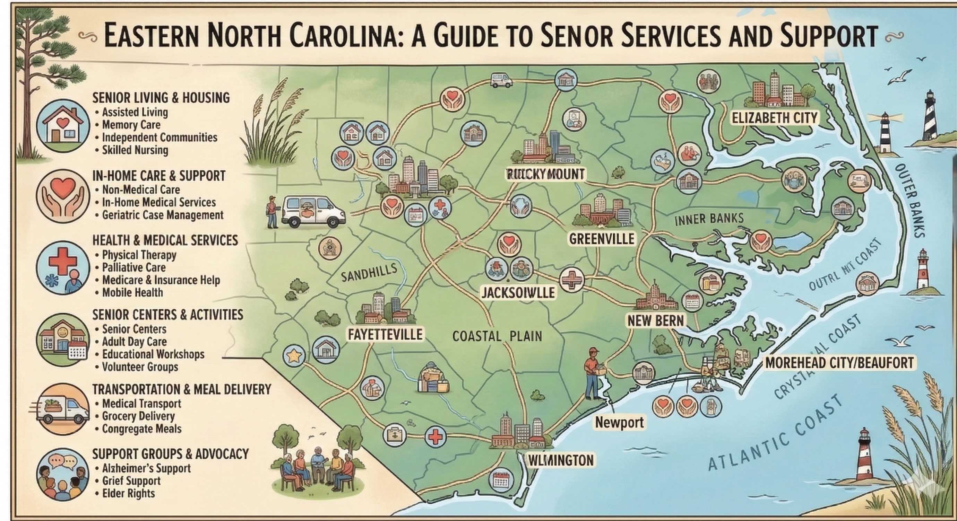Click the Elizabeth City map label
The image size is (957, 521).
coord(775,118)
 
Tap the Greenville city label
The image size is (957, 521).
coord(602,239)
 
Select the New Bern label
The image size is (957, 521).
coord(655,320)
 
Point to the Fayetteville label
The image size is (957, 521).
coord(385,334)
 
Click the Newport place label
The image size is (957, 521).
coord(619,422)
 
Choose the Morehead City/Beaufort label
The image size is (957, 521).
coord(839,363)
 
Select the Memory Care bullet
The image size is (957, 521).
coord(131,125)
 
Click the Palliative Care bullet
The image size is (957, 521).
coord(134,267)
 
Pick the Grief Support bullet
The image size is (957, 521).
coord(131,481)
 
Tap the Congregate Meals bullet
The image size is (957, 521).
coord(141,429)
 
